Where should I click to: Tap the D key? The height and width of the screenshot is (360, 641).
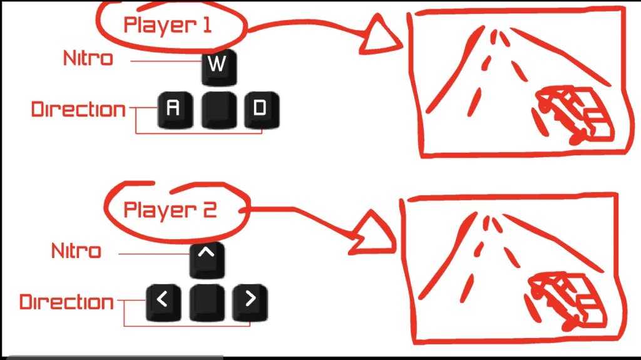[260, 110]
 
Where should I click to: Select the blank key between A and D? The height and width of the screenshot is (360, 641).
[218, 110]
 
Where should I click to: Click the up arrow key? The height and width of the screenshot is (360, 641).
[207, 259]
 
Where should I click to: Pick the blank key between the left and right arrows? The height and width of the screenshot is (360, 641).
[207, 302]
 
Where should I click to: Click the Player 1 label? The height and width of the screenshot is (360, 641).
[167, 25]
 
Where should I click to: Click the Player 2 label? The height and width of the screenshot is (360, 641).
[170, 209]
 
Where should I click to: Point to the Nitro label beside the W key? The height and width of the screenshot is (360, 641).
[88, 59]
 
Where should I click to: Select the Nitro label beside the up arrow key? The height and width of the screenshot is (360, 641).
[76, 252]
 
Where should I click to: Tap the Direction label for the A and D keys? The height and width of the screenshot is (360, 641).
[78, 110]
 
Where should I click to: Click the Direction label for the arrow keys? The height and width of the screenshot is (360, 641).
[66, 302]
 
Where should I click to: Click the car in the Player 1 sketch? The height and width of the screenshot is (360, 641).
[572, 115]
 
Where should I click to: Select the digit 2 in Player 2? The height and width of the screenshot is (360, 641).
[209, 209]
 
